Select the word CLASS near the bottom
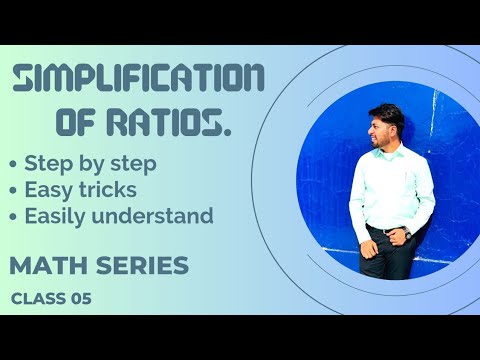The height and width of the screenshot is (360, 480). click(38, 298)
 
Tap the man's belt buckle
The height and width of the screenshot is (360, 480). click(387, 231)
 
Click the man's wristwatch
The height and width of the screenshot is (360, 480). click(407, 233)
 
